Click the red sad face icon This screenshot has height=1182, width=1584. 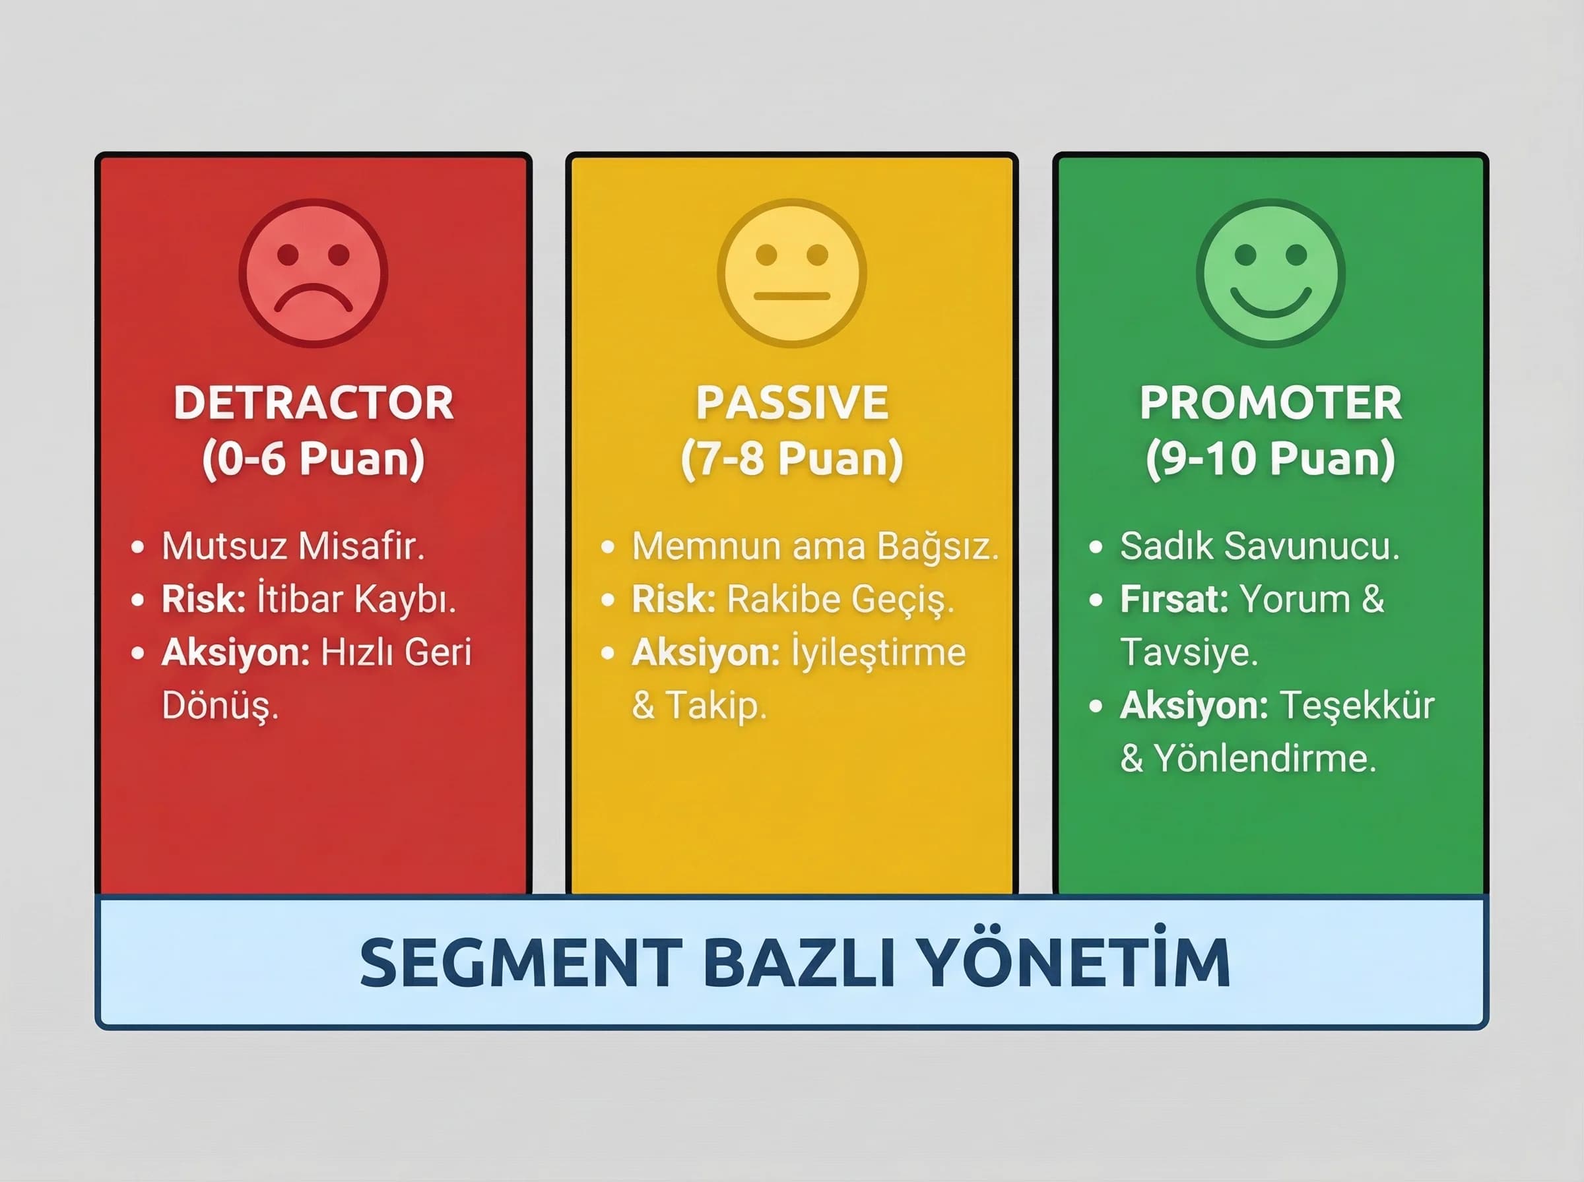coord(313,273)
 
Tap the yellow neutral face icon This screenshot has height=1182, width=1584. coord(791,273)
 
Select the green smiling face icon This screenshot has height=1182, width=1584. coord(1270,273)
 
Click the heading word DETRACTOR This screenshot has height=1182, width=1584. coord(313,403)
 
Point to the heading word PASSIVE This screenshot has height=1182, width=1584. coord(791,403)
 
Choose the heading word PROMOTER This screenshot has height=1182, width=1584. coord(1270,403)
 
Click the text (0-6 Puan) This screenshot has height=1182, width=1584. coord(313,458)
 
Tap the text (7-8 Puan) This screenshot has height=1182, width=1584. coord(791,458)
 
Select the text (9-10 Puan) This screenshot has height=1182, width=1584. coord(1270,458)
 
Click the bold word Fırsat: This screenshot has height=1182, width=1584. coord(1174,599)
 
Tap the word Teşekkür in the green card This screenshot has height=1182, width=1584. coord(1356,706)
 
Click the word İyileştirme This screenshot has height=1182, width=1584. coord(878,652)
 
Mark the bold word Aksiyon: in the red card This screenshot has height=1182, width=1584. coord(235,652)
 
